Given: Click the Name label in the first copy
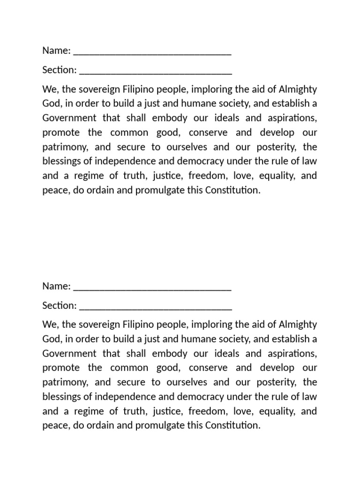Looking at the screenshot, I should point(56,50).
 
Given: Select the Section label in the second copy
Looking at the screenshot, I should point(59,305).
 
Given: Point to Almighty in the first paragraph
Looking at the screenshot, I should point(298,89).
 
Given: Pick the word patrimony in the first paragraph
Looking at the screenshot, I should point(65,147).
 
